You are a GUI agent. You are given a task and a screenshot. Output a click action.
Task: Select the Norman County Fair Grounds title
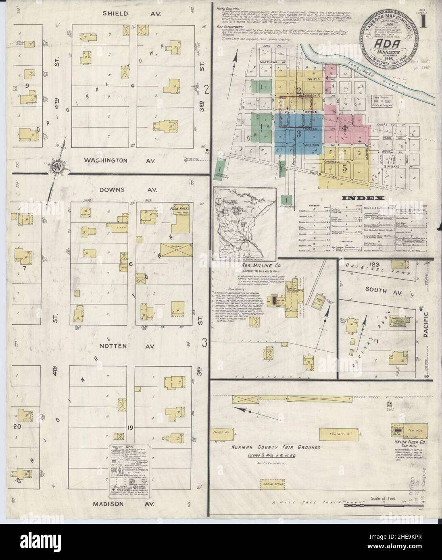tap(276, 448)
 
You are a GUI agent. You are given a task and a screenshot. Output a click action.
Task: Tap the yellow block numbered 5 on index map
tap(344, 169)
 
